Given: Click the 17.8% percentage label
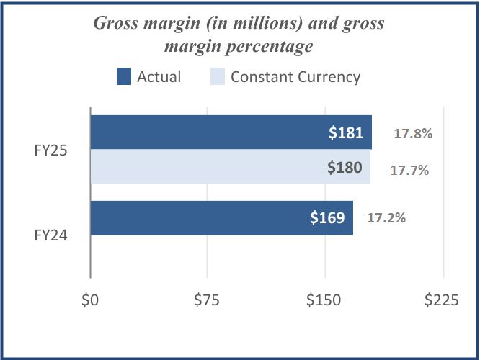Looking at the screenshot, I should pos(412,133).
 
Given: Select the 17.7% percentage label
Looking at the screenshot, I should pos(409,171).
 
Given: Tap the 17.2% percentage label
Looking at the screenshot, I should pos(386,217).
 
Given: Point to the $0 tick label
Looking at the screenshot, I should pos(90,300).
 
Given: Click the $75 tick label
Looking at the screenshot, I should pos(207,300).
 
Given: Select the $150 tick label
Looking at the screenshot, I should pos(324,300).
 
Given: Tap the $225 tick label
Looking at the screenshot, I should pos(441,300).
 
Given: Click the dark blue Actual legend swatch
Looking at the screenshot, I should pos(123,77).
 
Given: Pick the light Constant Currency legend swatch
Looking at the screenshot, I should pos(217,77).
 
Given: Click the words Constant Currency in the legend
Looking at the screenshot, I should pos(295,77).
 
